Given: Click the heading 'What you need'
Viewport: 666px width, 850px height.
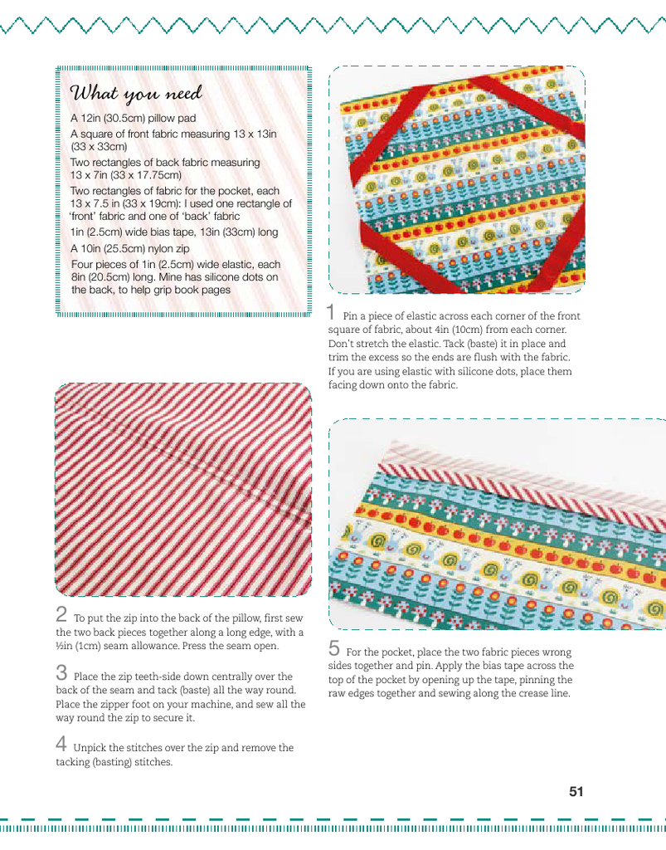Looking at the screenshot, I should [136, 93].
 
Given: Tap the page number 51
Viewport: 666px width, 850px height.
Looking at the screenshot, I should [576, 791].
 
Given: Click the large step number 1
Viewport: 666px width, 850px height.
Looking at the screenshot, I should [332, 313].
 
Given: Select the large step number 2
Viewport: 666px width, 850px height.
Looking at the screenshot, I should [61, 615].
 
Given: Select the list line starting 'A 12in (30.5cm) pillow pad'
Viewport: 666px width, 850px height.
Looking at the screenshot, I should [133, 119].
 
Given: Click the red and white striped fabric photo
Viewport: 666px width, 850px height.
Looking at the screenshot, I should [183, 490].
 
